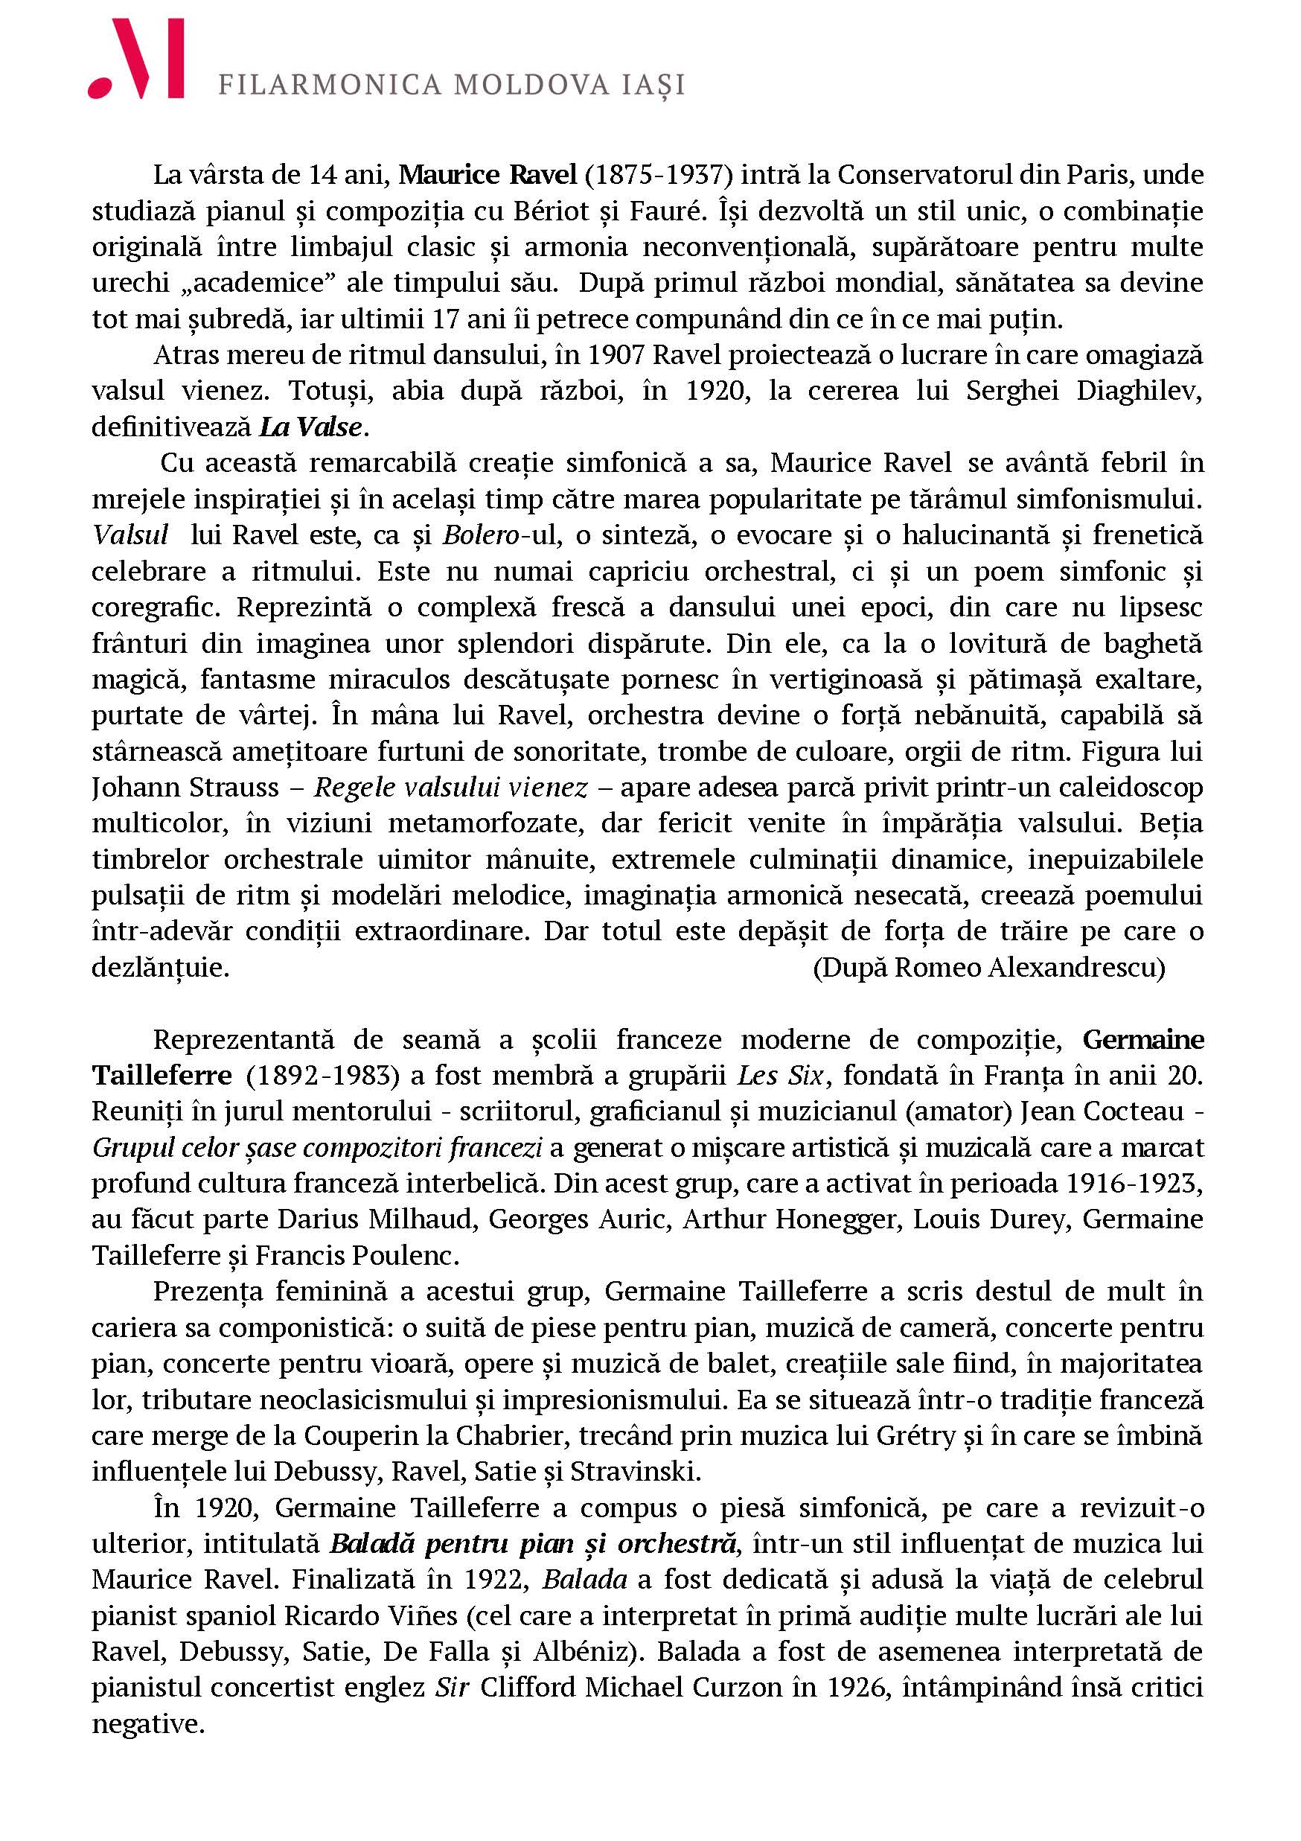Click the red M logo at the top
[x=137, y=60]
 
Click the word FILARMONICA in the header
[x=330, y=85]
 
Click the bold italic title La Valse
[x=310, y=427]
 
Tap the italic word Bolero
[x=481, y=535]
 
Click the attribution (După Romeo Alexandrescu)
[x=989, y=968]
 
